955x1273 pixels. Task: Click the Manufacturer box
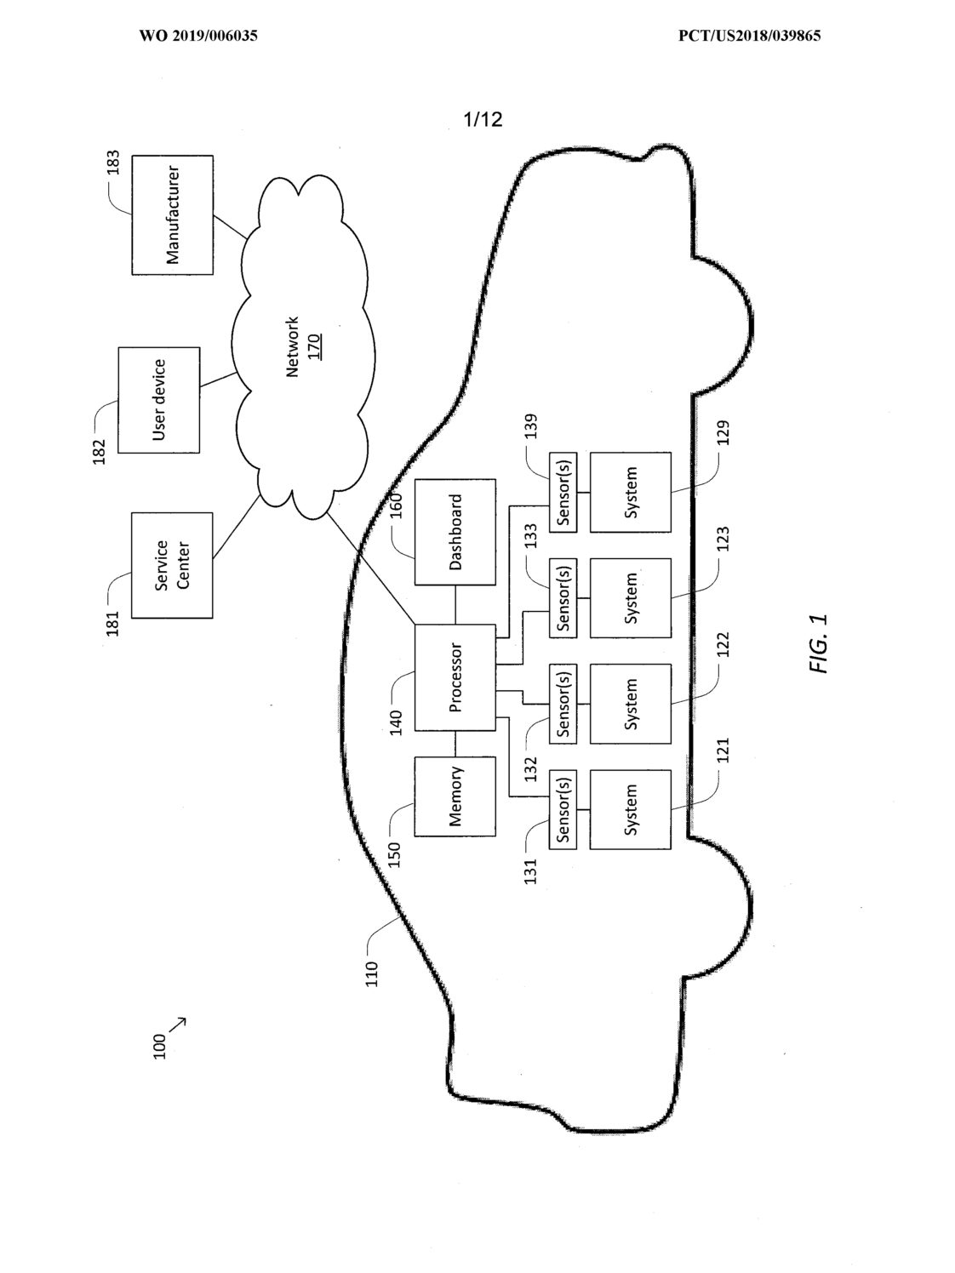(x=172, y=214)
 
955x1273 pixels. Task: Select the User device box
(x=159, y=400)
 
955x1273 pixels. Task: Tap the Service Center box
(x=172, y=565)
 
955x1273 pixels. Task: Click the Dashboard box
(x=455, y=532)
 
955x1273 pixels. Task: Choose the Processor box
(x=455, y=677)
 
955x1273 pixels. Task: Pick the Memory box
(x=455, y=796)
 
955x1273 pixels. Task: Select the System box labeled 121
(x=631, y=809)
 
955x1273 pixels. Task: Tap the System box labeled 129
(x=631, y=493)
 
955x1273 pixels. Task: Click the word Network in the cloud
(x=293, y=347)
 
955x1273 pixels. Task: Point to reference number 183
(x=113, y=163)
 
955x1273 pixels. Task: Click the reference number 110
(x=372, y=973)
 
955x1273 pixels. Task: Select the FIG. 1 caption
(x=818, y=643)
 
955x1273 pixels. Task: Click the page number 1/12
(x=483, y=119)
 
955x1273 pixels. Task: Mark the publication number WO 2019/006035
(x=198, y=36)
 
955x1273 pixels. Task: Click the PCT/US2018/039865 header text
(x=750, y=36)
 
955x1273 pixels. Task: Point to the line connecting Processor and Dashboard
(x=455, y=605)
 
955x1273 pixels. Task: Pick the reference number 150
(x=394, y=854)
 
